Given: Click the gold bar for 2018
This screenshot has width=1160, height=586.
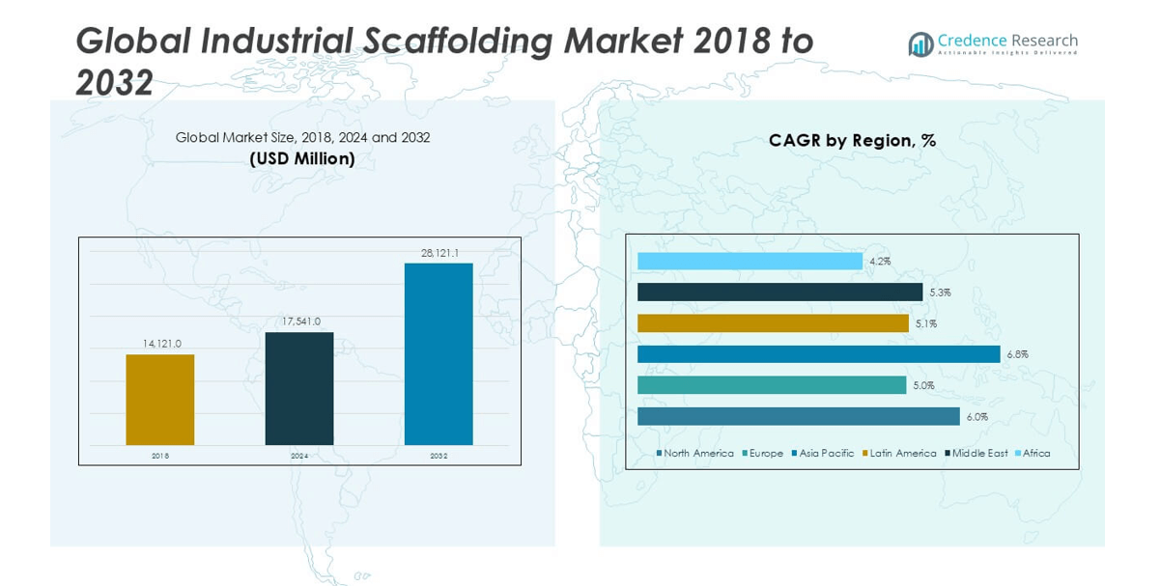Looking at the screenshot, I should (x=159, y=400).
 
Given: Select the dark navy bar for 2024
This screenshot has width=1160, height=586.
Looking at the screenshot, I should (x=299, y=388).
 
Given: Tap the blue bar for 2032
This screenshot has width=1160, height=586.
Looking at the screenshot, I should (x=439, y=353).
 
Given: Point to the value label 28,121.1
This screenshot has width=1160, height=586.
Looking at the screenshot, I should (x=439, y=253).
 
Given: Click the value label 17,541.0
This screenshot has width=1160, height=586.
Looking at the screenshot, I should (x=299, y=321).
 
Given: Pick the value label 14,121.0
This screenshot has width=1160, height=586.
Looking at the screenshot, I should (x=160, y=343).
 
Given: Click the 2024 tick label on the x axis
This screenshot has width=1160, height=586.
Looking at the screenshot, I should (x=299, y=456).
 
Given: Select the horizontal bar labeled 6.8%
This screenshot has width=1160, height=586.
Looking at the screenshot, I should (x=818, y=354).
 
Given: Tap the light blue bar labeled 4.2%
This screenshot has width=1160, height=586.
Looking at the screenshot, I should (x=750, y=262).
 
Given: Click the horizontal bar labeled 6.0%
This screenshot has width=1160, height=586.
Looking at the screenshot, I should (x=798, y=416).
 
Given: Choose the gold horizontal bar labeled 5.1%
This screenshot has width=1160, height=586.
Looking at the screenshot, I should (x=773, y=323).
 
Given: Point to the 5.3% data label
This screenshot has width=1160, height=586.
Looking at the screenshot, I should (x=940, y=293).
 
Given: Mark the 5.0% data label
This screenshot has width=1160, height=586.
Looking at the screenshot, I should (x=923, y=385).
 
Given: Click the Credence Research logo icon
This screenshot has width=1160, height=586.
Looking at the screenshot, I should (x=920, y=44).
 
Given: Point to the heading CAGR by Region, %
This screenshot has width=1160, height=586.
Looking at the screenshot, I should (x=852, y=140).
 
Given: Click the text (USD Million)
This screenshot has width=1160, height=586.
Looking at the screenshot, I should (x=302, y=158).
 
